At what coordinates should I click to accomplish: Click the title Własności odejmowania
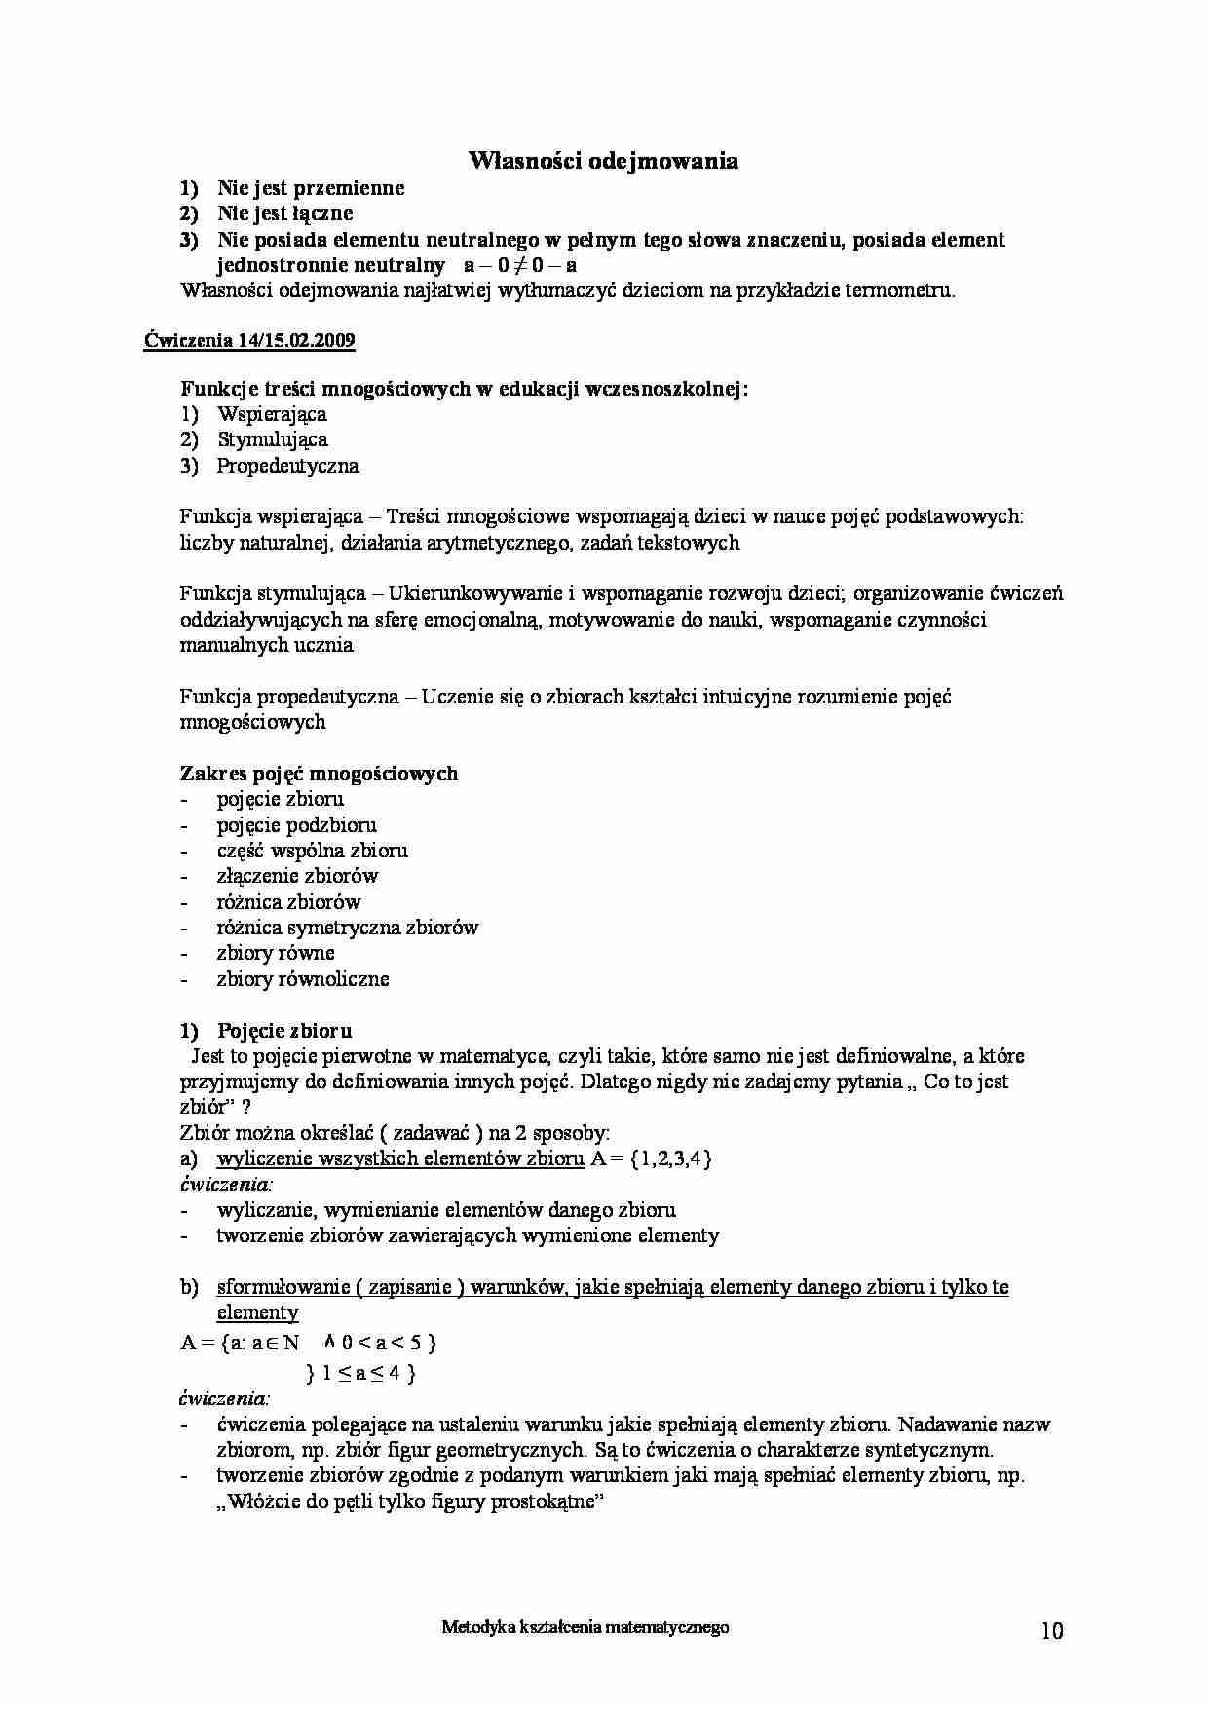[603, 161]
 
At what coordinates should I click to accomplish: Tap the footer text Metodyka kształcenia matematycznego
[585, 1626]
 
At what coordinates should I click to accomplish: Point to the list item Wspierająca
[272, 414]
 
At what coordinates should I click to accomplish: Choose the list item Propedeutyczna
[287, 466]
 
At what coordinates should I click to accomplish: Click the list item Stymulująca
[272, 439]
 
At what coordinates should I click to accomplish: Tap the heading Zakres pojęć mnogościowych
[319, 774]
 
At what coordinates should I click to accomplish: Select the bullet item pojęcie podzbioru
[296, 825]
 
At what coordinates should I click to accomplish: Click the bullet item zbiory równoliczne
[302, 979]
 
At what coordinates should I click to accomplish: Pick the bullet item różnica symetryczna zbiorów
[347, 928]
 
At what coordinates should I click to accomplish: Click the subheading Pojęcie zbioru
[284, 1031]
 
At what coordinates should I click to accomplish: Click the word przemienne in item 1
[349, 188]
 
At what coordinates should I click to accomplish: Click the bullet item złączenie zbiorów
[297, 876]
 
